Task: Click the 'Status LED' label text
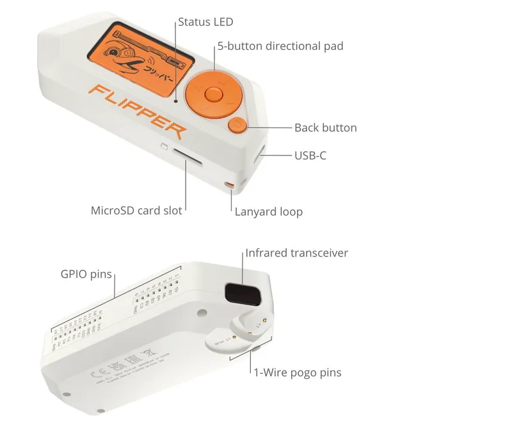205,22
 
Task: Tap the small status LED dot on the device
175,100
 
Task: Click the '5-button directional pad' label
280,46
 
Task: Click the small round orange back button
237,125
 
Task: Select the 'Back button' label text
325,127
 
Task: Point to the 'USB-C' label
310,155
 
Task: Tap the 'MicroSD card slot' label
136,210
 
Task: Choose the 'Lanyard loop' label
268,211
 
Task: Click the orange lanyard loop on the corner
229,186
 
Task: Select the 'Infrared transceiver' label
296,253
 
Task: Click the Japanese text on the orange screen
159,67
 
